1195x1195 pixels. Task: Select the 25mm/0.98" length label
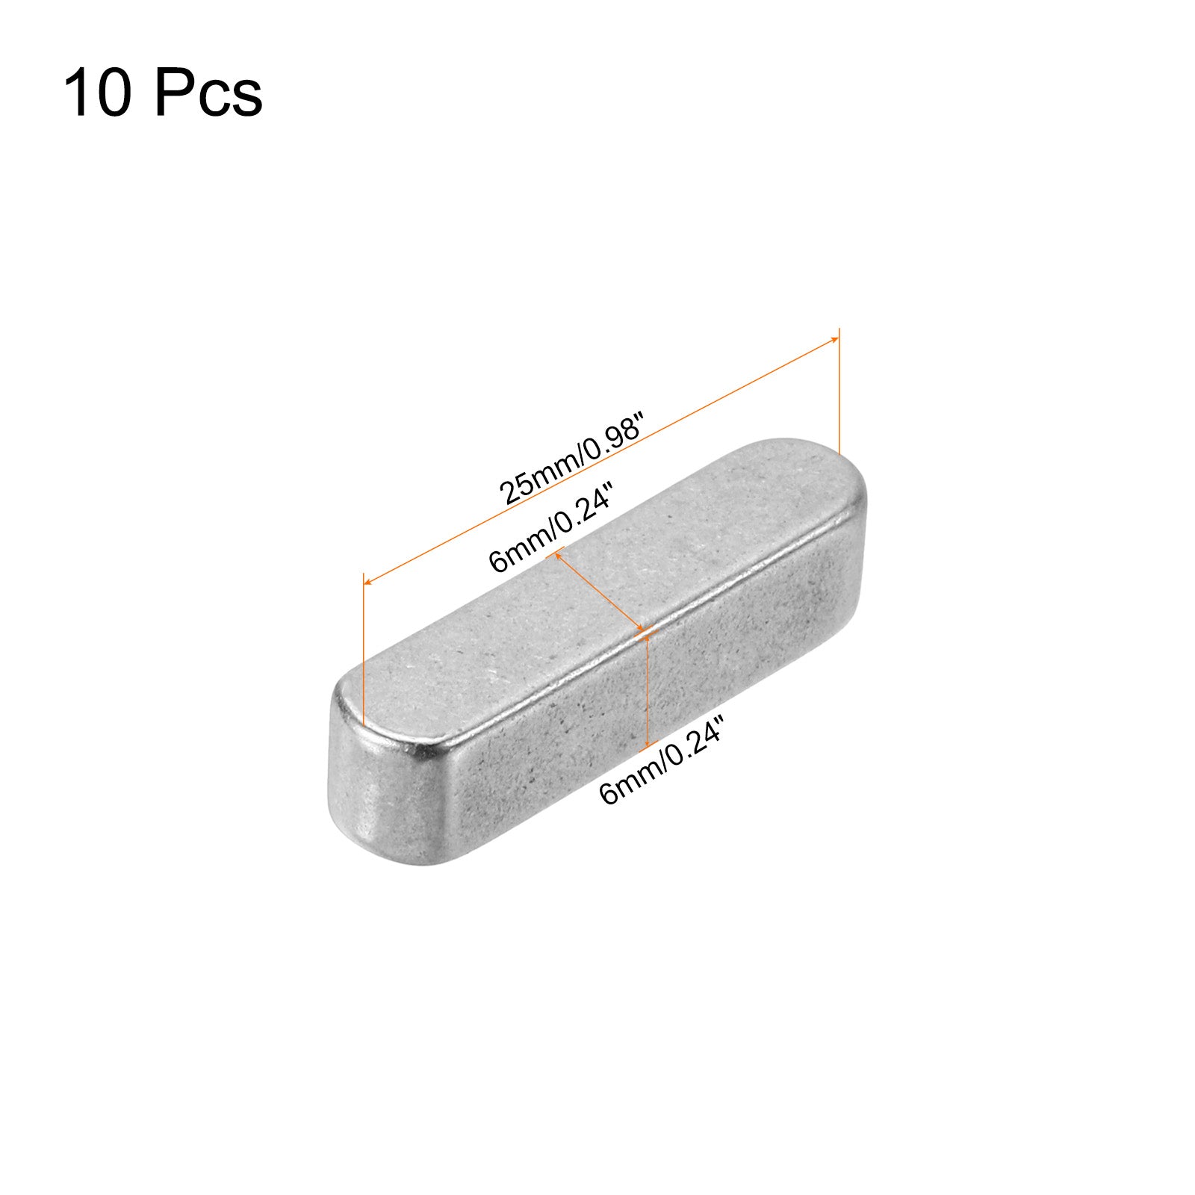(572, 462)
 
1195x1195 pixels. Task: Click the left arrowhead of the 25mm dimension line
(367, 580)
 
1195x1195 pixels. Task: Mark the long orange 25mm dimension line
(600, 459)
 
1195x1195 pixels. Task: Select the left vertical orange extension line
(363, 650)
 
